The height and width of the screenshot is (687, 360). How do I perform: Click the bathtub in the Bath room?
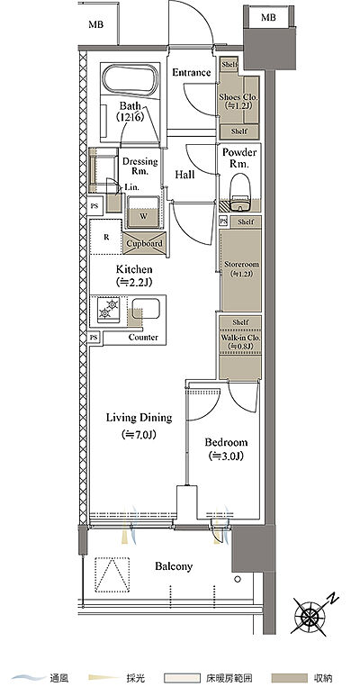(x=131, y=82)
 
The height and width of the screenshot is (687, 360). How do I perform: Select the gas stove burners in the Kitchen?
(x=108, y=308)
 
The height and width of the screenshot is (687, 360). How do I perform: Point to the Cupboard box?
(x=145, y=243)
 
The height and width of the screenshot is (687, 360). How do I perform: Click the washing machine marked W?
(x=143, y=212)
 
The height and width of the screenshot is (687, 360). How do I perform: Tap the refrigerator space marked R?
(x=105, y=238)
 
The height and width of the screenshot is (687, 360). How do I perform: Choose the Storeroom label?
(x=241, y=265)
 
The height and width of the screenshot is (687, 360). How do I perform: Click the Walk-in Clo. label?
(x=241, y=338)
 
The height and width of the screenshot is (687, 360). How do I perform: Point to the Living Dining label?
(x=139, y=418)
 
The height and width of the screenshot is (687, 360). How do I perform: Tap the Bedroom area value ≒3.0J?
(x=226, y=456)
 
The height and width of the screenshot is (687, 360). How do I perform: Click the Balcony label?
(x=174, y=566)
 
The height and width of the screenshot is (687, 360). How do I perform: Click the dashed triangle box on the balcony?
(x=112, y=574)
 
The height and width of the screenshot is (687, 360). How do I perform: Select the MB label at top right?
(x=268, y=17)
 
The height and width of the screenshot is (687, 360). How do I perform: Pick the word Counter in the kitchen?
(x=143, y=338)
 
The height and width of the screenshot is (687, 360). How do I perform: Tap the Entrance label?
(x=192, y=72)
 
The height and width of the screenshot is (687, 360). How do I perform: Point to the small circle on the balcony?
(x=238, y=579)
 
